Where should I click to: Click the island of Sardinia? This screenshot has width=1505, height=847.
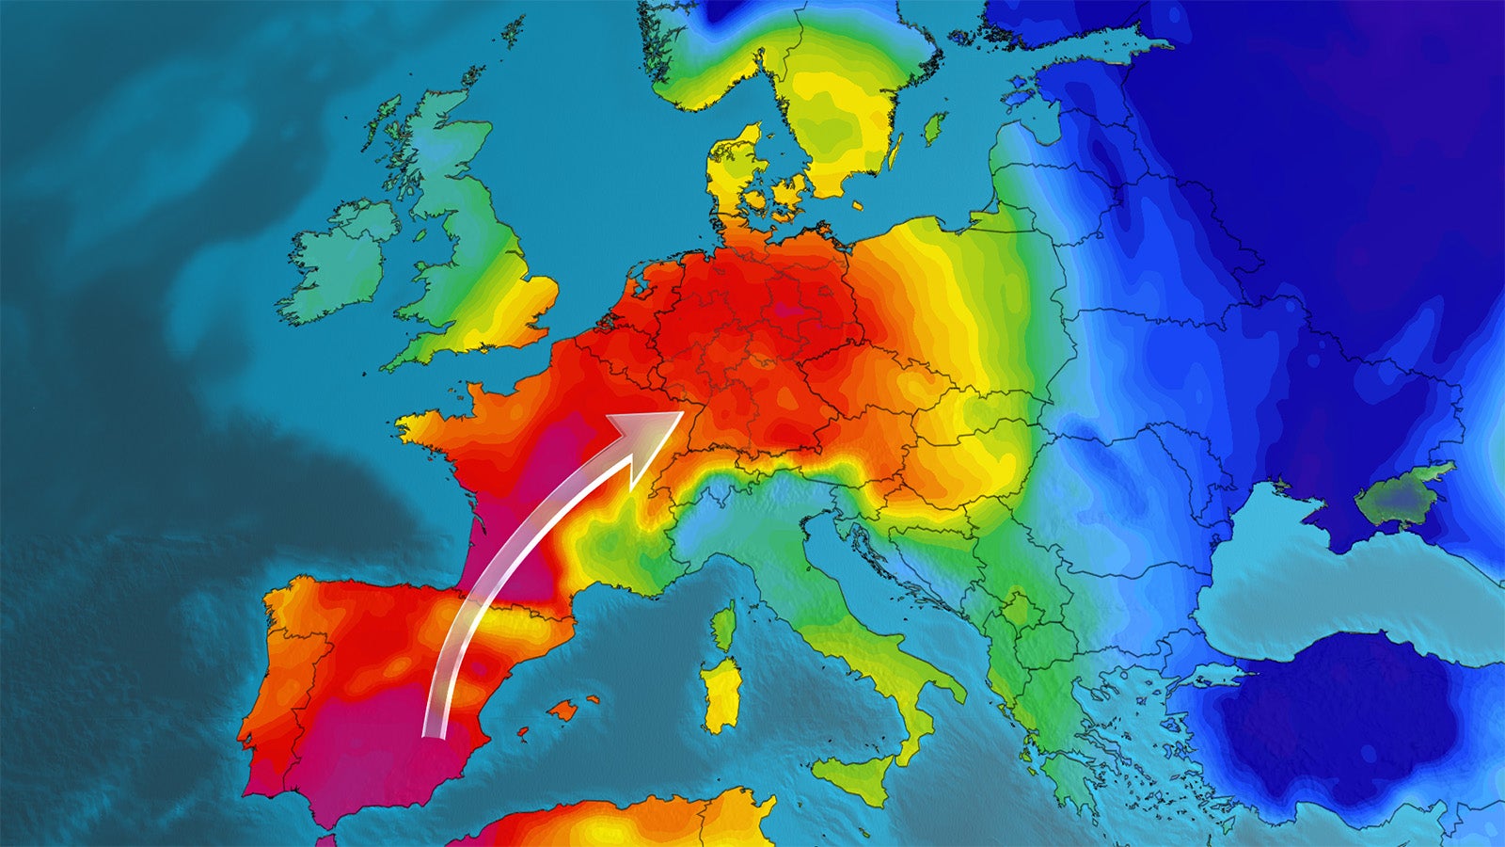pos(720,695)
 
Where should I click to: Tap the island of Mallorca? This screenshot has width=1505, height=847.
pos(567,709)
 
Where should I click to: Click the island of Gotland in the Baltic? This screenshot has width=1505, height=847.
pos(934,128)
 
